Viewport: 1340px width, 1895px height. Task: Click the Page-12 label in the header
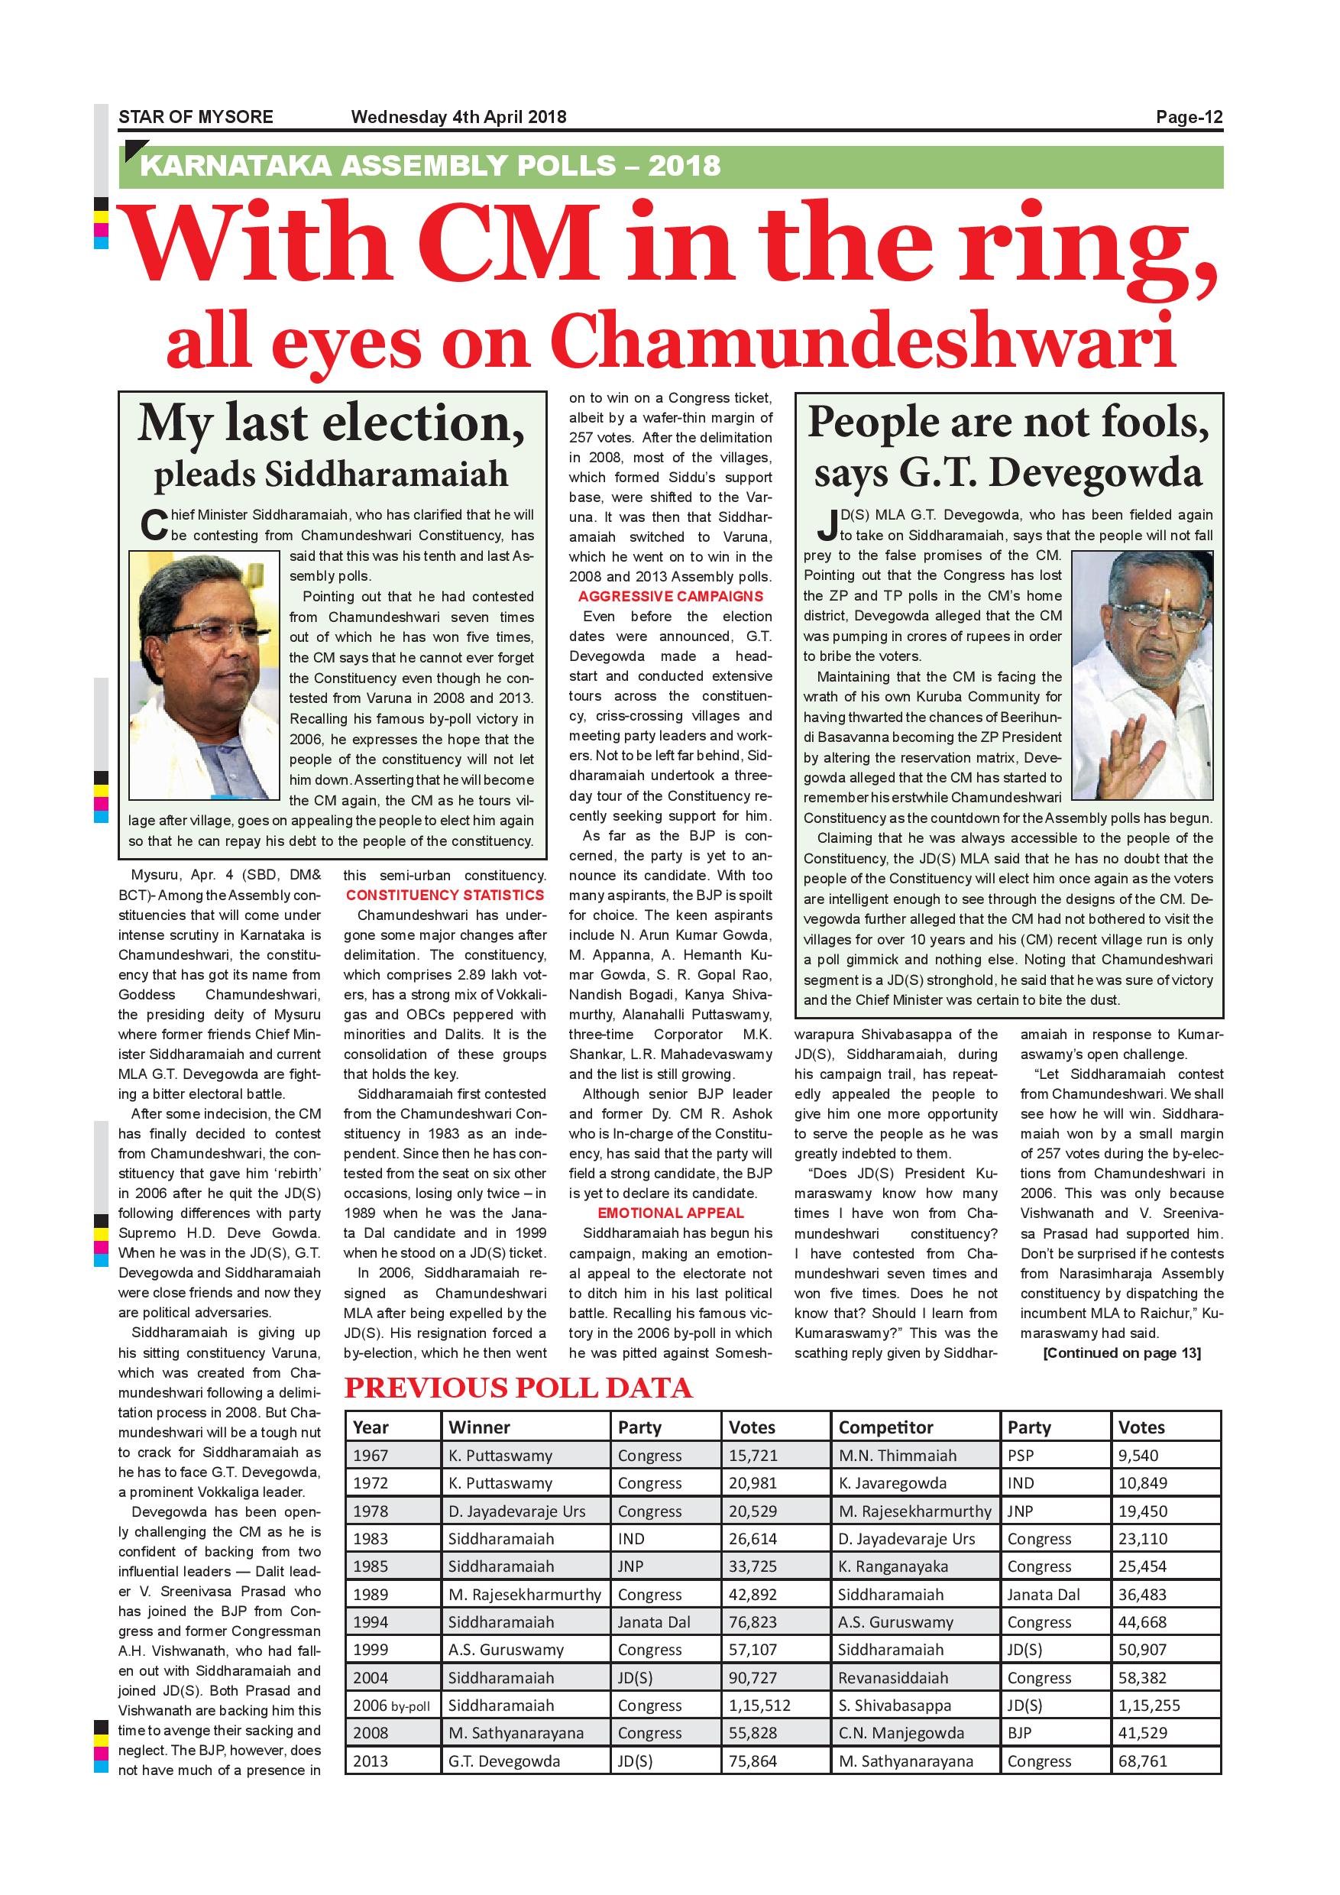[x=1188, y=117]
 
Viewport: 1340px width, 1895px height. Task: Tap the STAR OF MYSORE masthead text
[x=196, y=117]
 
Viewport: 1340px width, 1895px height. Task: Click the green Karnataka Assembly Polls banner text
[x=430, y=166]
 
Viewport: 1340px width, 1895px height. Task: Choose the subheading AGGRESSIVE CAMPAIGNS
[x=670, y=597]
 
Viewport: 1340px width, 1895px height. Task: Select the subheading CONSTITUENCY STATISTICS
[x=445, y=895]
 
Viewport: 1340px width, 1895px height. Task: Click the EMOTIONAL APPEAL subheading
[x=670, y=1213]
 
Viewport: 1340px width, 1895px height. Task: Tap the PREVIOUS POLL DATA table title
[x=518, y=1388]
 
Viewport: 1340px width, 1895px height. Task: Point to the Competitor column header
[x=885, y=1427]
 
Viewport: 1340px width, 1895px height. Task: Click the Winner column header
[x=480, y=1427]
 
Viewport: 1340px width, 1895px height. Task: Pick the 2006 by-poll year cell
[x=392, y=1706]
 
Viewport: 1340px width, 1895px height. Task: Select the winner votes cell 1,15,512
[x=759, y=1706]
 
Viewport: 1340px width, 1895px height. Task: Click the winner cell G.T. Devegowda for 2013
[x=504, y=1761]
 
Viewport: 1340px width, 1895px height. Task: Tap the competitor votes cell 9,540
[x=1138, y=1456]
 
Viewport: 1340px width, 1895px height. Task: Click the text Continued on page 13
[x=1122, y=1352]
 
